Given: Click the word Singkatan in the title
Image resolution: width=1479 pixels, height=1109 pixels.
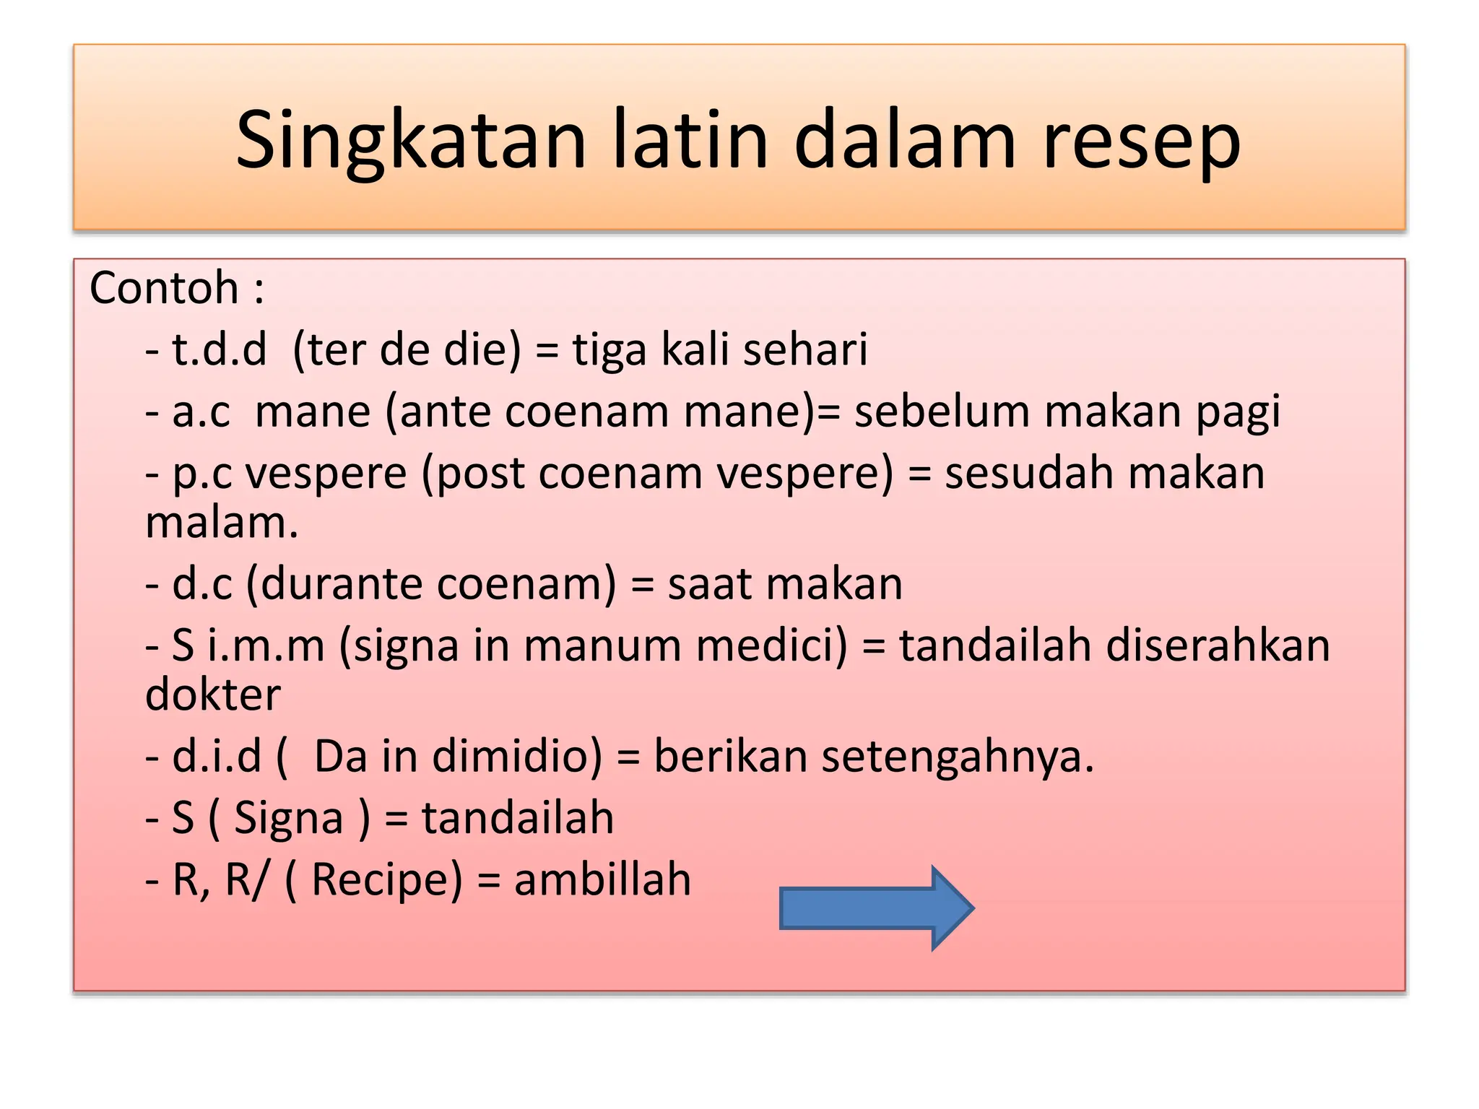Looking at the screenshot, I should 410,140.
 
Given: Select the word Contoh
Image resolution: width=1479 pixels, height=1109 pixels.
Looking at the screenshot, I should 164,288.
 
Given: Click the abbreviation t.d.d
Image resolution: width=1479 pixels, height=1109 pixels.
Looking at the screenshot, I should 219,349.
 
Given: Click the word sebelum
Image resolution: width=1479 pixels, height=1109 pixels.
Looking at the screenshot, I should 942,412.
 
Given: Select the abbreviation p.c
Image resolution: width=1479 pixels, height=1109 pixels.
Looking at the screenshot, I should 202,475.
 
